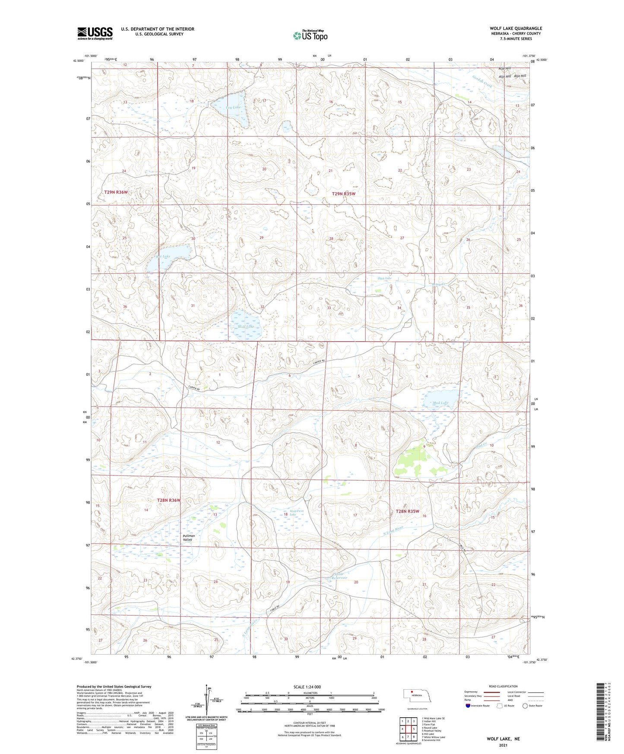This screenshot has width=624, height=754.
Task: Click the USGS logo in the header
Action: click(95, 33)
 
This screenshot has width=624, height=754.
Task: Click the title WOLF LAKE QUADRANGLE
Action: click(516, 29)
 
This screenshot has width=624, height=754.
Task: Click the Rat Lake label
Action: click(163, 257)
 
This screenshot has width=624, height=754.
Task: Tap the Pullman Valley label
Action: click(189, 538)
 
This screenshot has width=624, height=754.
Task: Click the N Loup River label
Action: click(393, 531)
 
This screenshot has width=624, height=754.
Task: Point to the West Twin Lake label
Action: click(297, 513)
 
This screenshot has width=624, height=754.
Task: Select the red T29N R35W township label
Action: click(343, 194)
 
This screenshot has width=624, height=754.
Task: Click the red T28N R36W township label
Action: click(168, 500)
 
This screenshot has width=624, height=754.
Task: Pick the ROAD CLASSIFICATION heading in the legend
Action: click(503, 686)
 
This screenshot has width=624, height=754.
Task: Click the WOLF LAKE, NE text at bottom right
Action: click(503, 739)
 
